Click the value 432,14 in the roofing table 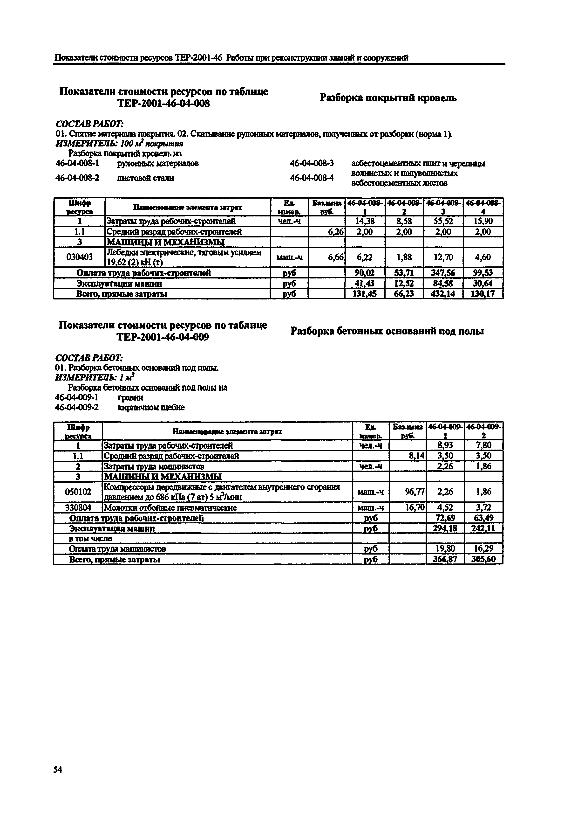pyautogui.click(x=443, y=294)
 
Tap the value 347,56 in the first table pyautogui.click(x=443, y=273)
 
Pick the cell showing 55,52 pyautogui.click(x=443, y=221)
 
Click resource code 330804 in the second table pyautogui.click(x=78, y=507)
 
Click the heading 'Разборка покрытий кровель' pyautogui.click(x=388, y=97)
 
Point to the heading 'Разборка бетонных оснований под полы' pyautogui.click(x=387, y=331)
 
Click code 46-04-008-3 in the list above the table pyautogui.click(x=312, y=163)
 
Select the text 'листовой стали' pyautogui.click(x=145, y=178)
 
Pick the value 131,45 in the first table pyautogui.click(x=365, y=294)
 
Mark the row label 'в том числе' pyautogui.click(x=90, y=538)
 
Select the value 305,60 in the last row pyautogui.click(x=483, y=559)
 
